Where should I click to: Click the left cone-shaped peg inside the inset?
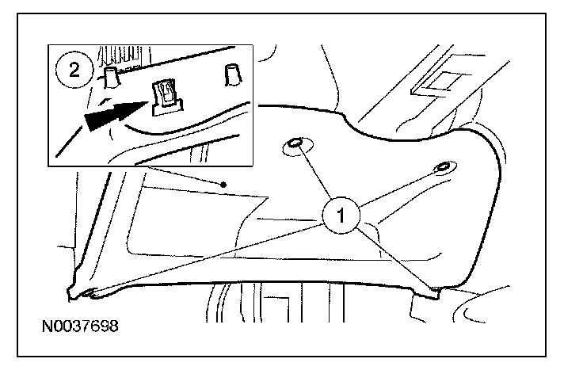click(x=112, y=76)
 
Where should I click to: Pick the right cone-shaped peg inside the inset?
click(x=233, y=74)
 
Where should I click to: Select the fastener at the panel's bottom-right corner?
click(x=432, y=294)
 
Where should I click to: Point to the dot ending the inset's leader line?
click(x=224, y=185)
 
